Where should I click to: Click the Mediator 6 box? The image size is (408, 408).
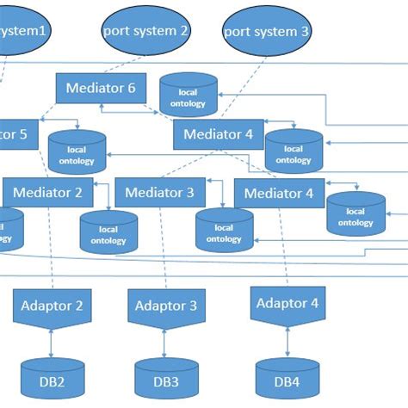(101, 88)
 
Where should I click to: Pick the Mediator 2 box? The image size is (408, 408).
(48, 192)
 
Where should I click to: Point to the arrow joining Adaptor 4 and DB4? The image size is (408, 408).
(287, 341)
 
